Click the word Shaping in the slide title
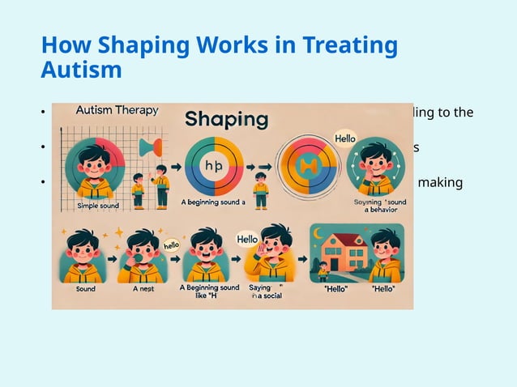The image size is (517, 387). coord(137,46)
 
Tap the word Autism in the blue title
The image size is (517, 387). coord(81,70)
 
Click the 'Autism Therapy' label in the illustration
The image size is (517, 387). coord(116,110)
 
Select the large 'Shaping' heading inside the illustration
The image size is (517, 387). coord(226,119)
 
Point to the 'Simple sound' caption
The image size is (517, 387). coord(98,206)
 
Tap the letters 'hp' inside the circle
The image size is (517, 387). coord(214,165)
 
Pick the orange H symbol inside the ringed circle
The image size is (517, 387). coord(308,167)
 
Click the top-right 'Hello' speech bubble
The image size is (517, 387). coord(346,138)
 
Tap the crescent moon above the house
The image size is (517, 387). coord(318,234)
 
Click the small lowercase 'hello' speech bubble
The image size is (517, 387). coord(171,245)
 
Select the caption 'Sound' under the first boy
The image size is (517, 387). coord(85,289)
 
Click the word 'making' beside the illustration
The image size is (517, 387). coord(440,182)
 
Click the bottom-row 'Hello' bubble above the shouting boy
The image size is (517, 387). coord(246,239)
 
